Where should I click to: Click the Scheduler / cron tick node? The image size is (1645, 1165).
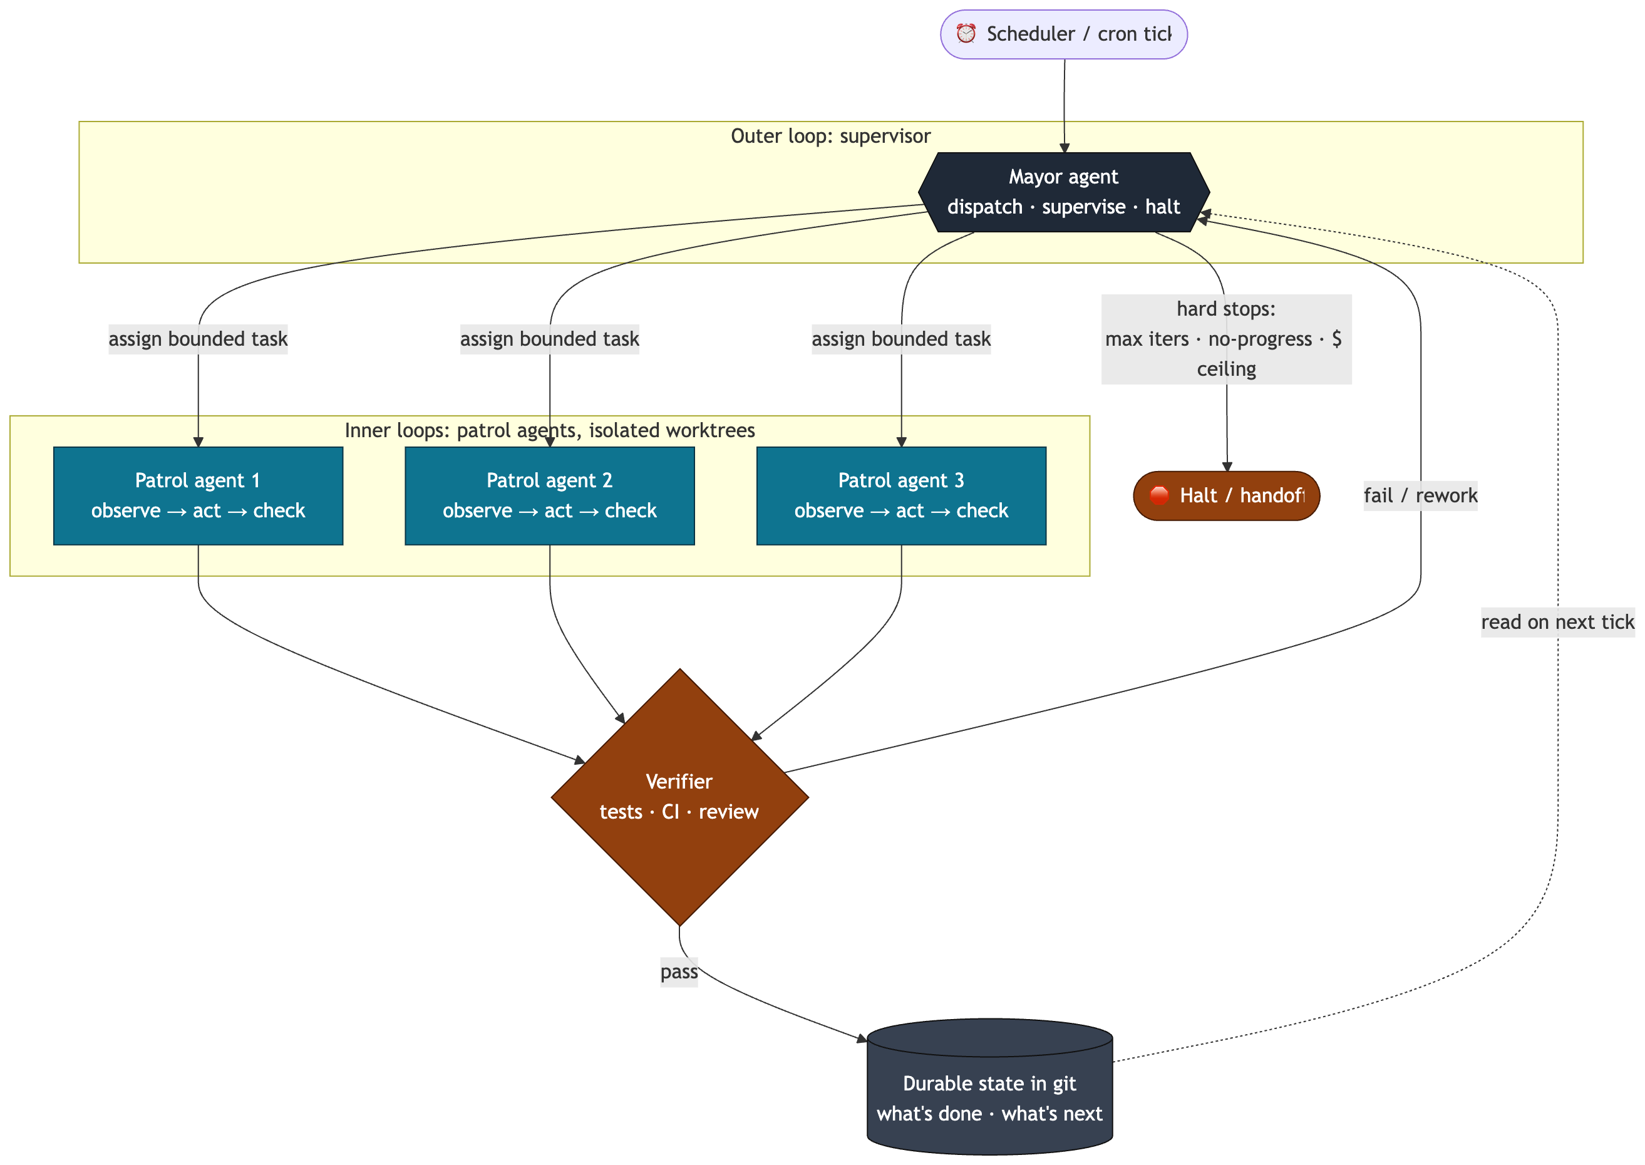[x=1063, y=34]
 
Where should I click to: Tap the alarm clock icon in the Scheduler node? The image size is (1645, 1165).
[x=966, y=34]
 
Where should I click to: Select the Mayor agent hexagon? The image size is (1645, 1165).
[x=1063, y=192]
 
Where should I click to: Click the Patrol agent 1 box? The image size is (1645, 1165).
[x=198, y=495]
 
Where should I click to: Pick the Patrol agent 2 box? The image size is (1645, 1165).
[x=550, y=495]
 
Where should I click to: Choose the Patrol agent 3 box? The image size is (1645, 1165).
[x=901, y=495]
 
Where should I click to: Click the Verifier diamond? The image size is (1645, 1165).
[x=680, y=797]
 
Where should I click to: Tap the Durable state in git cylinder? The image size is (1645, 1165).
[x=989, y=1086]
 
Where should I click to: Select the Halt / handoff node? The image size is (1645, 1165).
[x=1226, y=495]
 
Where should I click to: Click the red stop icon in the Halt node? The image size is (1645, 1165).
[x=1159, y=495]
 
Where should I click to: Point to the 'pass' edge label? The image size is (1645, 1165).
[x=679, y=972]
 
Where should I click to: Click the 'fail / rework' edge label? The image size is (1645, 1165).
[x=1421, y=495]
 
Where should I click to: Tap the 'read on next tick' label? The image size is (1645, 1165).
[x=1557, y=622]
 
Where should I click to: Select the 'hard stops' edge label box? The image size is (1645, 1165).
[x=1226, y=339]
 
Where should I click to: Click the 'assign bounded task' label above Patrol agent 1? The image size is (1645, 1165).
[x=198, y=339]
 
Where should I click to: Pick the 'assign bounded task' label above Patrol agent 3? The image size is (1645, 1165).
[x=901, y=339]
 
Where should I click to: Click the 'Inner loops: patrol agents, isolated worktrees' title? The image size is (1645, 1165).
[x=550, y=430]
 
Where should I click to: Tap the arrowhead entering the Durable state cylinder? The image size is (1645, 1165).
[x=863, y=1038]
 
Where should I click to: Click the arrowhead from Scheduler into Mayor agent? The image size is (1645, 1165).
[x=1064, y=148]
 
